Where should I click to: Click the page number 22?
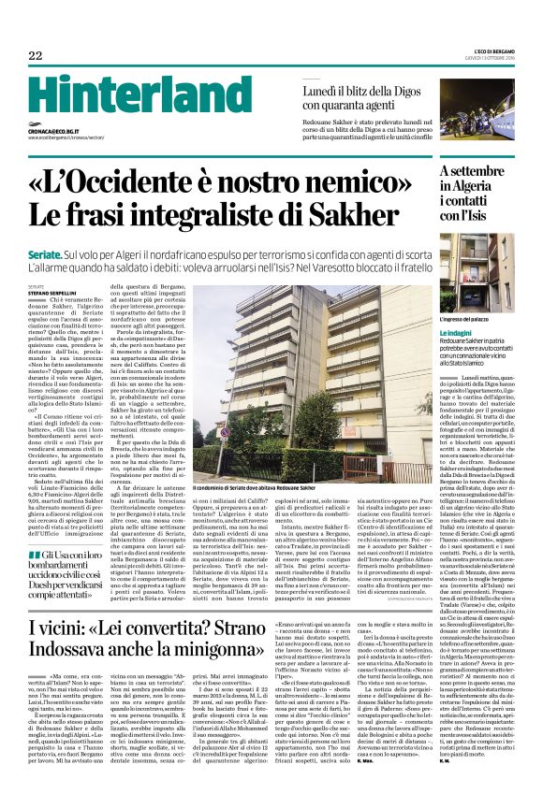tap(36, 55)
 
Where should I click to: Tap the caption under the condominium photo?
tap(253, 490)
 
